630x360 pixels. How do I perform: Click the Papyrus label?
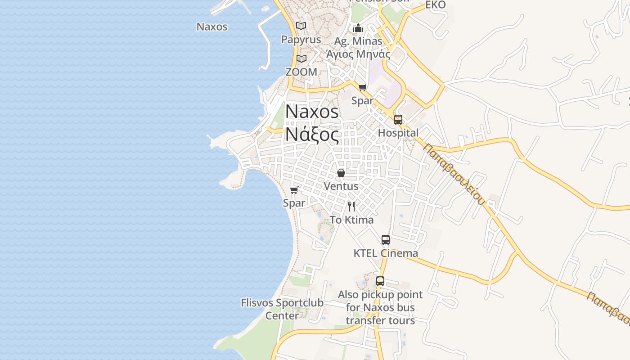pyautogui.click(x=301, y=40)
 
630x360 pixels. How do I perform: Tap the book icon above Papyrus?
pyautogui.click(x=301, y=26)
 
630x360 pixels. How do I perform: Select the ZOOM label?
pyautogui.click(x=301, y=72)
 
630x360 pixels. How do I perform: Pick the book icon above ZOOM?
pyautogui.click(x=301, y=59)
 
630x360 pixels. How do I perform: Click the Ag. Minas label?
pyautogui.click(x=358, y=41)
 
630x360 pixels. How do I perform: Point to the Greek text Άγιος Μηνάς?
pyautogui.click(x=358, y=54)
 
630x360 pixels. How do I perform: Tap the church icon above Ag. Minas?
pyautogui.click(x=358, y=28)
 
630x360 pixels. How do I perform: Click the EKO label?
pyautogui.click(x=435, y=5)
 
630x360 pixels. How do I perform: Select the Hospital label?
pyautogui.click(x=398, y=133)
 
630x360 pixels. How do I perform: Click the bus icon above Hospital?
pyautogui.click(x=398, y=120)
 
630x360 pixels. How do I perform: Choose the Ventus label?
pyautogui.click(x=341, y=186)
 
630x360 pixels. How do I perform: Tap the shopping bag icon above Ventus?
pyautogui.click(x=341, y=173)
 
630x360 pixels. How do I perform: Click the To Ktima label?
pyautogui.click(x=351, y=220)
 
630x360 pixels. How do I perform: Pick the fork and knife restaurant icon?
pyautogui.click(x=351, y=207)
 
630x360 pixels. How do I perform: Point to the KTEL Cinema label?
pyautogui.click(x=386, y=253)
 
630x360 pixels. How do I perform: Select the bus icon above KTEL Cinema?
pyautogui.click(x=386, y=240)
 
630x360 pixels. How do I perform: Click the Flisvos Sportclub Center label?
pyautogui.click(x=282, y=309)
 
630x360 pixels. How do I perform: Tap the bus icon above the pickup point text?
pyautogui.click(x=380, y=281)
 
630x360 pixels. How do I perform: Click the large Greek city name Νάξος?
pyautogui.click(x=312, y=135)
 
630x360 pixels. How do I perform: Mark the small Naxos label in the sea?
pyautogui.click(x=212, y=27)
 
